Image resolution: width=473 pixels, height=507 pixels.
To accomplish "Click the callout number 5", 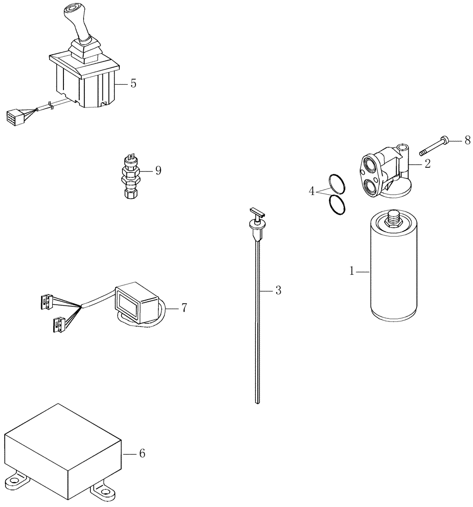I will [133, 84].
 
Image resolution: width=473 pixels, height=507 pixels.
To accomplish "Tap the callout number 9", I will [158, 170].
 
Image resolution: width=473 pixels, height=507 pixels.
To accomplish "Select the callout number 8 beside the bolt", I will [467, 140].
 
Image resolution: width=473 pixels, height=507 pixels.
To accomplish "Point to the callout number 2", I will [427, 163].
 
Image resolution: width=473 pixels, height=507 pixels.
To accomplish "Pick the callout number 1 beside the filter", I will [351, 272].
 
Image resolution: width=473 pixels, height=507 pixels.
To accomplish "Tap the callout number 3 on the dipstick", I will [278, 291].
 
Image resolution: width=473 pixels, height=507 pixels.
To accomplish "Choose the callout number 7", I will [184, 307].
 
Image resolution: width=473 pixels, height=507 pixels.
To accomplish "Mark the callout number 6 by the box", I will [142, 453].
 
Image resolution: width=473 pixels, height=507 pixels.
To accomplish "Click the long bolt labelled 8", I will [433, 145].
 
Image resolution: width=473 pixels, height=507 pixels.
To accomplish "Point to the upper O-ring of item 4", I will [337, 184].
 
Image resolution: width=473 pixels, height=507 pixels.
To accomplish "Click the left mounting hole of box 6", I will [13, 480].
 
